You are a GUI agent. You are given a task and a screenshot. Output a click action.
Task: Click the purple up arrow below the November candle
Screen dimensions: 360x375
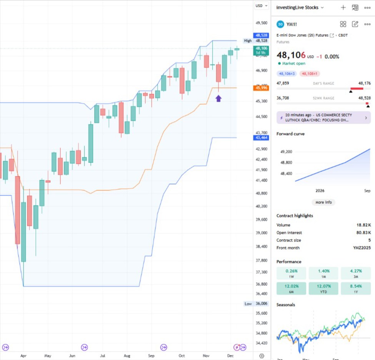click(218, 98)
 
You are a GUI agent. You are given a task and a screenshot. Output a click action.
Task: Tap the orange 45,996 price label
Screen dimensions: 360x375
click(262, 88)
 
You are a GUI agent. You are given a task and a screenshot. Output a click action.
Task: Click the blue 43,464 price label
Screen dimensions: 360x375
click(262, 138)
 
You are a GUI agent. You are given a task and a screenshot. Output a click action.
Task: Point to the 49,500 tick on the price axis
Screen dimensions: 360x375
click(262, 23)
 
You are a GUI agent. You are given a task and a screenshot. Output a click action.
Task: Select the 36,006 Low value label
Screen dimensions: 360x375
click(262, 304)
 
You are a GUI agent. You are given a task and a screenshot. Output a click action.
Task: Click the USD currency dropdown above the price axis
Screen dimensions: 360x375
click(262, 6)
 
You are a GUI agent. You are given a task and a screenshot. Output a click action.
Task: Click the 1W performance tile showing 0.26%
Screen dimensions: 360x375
click(291, 273)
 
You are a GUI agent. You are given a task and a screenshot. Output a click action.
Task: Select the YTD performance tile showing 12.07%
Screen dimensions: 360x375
click(323, 288)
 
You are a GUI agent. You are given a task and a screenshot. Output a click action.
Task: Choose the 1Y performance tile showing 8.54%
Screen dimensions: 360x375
click(355, 288)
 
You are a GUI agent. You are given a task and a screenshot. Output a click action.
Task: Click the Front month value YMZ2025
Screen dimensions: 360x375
click(362, 248)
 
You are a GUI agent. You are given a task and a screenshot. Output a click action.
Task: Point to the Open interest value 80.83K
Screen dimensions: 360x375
click(363, 232)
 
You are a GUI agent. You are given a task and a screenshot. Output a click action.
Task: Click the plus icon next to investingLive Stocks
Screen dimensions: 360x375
click(343, 7)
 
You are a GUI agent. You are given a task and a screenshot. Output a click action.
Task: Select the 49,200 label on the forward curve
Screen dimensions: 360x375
click(286, 152)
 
